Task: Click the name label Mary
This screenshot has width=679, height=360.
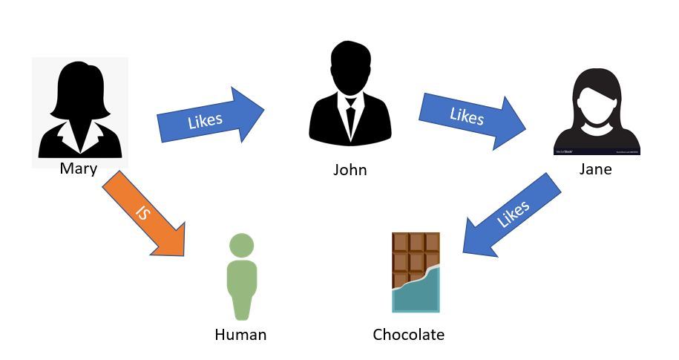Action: click(79, 168)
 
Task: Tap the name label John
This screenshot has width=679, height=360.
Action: click(350, 170)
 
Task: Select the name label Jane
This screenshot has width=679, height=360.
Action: click(596, 168)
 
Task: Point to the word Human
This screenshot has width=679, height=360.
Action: click(240, 335)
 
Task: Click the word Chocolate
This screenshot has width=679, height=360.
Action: click(408, 335)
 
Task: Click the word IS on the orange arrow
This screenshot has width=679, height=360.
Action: click(142, 213)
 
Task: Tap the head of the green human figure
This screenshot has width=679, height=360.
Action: click(241, 246)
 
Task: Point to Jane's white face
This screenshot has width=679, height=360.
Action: click(595, 108)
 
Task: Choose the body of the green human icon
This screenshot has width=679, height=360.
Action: click(241, 286)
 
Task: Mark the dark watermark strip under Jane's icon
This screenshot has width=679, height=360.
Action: click(597, 151)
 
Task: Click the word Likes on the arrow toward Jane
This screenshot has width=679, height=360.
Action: click(466, 117)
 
